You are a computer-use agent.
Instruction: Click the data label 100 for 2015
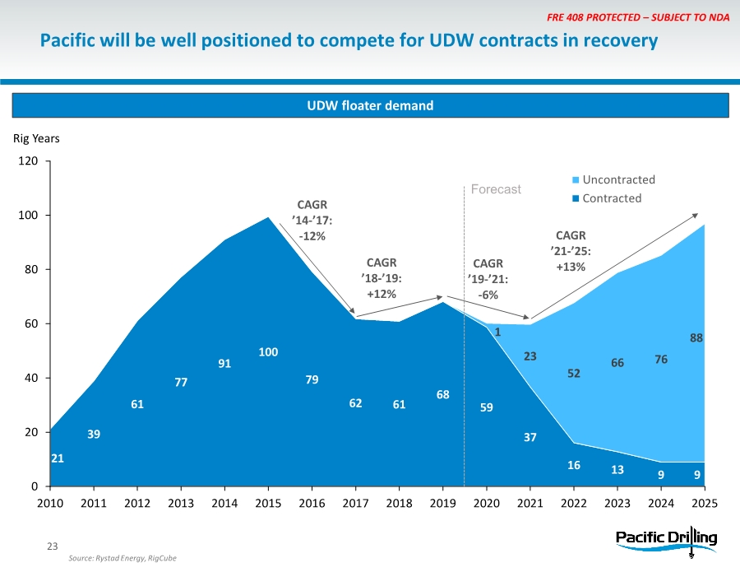(x=268, y=352)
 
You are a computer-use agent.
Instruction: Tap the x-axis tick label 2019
(x=442, y=502)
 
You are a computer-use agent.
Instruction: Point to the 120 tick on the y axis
(x=28, y=161)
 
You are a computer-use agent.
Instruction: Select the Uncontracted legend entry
(x=618, y=179)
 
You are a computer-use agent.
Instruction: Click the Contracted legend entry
(x=612, y=198)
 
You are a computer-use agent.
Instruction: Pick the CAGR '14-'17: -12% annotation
(x=312, y=220)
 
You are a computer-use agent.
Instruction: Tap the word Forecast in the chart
(x=496, y=189)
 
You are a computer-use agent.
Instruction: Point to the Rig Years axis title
(x=35, y=138)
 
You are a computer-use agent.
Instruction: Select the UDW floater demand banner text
(x=369, y=105)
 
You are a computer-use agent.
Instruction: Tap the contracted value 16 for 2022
(x=574, y=465)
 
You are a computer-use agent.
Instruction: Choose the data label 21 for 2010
(x=58, y=458)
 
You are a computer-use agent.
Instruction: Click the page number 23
(x=53, y=545)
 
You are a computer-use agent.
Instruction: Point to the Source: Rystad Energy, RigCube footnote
(x=123, y=558)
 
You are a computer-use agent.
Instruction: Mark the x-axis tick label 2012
(x=137, y=502)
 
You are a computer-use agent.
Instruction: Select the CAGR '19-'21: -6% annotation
(x=488, y=279)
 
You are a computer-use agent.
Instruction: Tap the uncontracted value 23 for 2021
(x=530, y=356)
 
